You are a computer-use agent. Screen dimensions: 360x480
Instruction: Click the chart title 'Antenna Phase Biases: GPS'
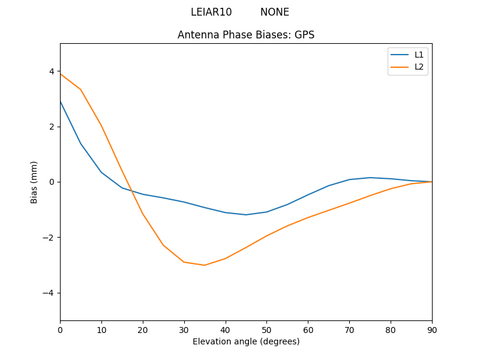[246, 35]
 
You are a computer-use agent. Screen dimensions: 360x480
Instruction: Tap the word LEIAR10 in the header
[211, 12]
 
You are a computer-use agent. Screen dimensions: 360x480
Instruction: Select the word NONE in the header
[275, 12]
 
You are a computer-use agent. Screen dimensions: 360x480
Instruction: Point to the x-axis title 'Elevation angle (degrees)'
[246, 341]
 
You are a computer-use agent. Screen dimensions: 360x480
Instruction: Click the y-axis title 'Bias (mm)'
[34, 182]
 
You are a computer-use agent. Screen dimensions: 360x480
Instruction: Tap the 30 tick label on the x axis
[184, 329]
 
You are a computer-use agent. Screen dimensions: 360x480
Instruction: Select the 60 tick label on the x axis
[308, 329]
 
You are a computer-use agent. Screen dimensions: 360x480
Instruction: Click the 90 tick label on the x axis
[432, 329]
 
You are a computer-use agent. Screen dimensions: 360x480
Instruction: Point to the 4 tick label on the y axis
[52, 71]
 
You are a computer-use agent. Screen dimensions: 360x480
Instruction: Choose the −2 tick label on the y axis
[49, 238]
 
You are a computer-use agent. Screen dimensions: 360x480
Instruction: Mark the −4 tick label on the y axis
[49, 293]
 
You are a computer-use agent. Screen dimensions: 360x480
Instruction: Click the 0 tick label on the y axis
[52, 182]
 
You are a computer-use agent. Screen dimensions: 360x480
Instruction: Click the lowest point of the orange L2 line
[205, 265]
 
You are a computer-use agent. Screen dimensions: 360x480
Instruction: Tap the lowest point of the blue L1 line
[246, 215]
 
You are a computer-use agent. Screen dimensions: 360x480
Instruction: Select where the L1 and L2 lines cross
[130, 190]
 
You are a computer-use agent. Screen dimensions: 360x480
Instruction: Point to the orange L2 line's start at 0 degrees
[61, 74]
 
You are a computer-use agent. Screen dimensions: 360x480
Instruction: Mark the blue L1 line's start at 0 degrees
[61, 101]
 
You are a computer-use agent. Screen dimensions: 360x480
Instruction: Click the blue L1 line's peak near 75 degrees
[370, 178]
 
